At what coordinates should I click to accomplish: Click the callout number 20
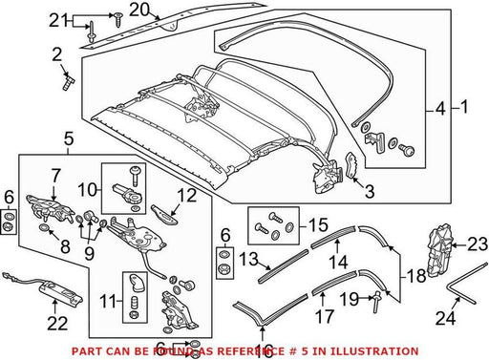click(x=139, y=11)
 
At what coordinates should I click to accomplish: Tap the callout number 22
click(x=57, y=324)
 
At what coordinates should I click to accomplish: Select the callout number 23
click(x=478, y=244)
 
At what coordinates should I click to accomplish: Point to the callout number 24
click(x=445, y=317)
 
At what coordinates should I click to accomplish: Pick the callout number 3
click(x=370, y=191)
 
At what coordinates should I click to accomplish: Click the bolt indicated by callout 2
click(x=68, y=82)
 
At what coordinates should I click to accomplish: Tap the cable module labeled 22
click(x=45, y=286)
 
